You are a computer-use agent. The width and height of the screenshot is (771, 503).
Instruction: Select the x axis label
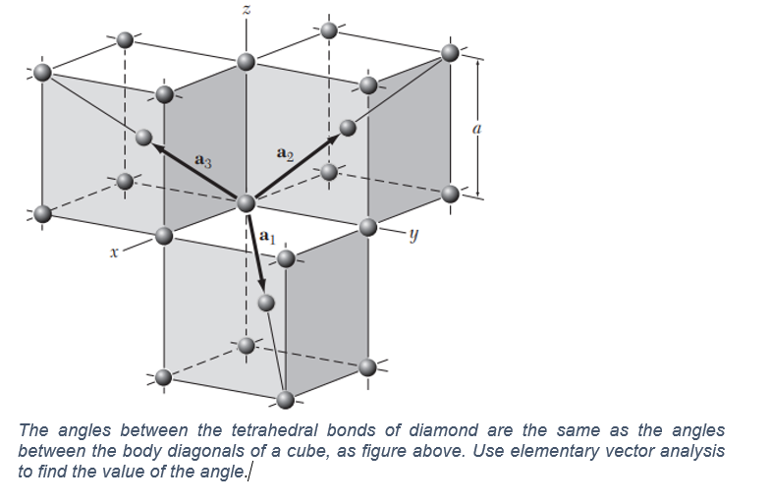tap(114, 253)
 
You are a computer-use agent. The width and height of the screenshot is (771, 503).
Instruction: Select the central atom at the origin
tap(247, 202)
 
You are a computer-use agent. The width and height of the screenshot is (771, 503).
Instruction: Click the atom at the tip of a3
tap(145, 138)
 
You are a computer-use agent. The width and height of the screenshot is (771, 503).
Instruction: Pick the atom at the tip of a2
tap(347, 128)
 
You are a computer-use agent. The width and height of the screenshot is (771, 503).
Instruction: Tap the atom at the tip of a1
tap(264, 302)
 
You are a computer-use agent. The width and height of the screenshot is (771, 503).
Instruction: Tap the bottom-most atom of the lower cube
tap(286, 400)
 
